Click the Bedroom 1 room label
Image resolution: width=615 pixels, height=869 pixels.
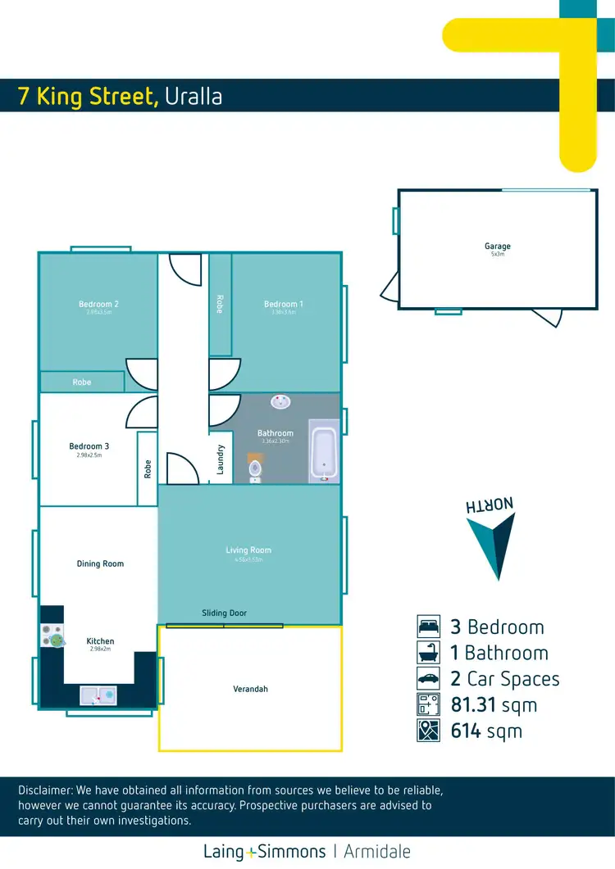tap(283, 304)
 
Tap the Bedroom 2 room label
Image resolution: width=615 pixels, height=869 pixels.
tap(99, 304)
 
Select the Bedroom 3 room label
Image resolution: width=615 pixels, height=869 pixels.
tap(89, 446)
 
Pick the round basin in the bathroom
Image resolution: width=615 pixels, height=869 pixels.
tap(281, 401)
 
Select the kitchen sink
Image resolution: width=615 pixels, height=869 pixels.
tap(98, 695)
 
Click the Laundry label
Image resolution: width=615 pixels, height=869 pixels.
tap(221, 459)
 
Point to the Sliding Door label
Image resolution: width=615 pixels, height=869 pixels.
tap(224, 613)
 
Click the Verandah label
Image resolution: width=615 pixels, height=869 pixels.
tap(250, 689)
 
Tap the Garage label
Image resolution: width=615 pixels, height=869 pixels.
tap(497, 246)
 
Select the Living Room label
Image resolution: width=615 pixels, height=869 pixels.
tap(248, 550)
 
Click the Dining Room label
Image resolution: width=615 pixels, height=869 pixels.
tap(100, 563)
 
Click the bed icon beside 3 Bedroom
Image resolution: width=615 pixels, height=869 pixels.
tap(429, 627)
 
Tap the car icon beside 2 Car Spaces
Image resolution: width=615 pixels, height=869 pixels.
tap(429, 679)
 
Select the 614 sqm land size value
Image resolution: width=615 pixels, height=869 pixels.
tap(486, 731)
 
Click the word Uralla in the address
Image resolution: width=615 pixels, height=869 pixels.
tap(194, 97)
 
